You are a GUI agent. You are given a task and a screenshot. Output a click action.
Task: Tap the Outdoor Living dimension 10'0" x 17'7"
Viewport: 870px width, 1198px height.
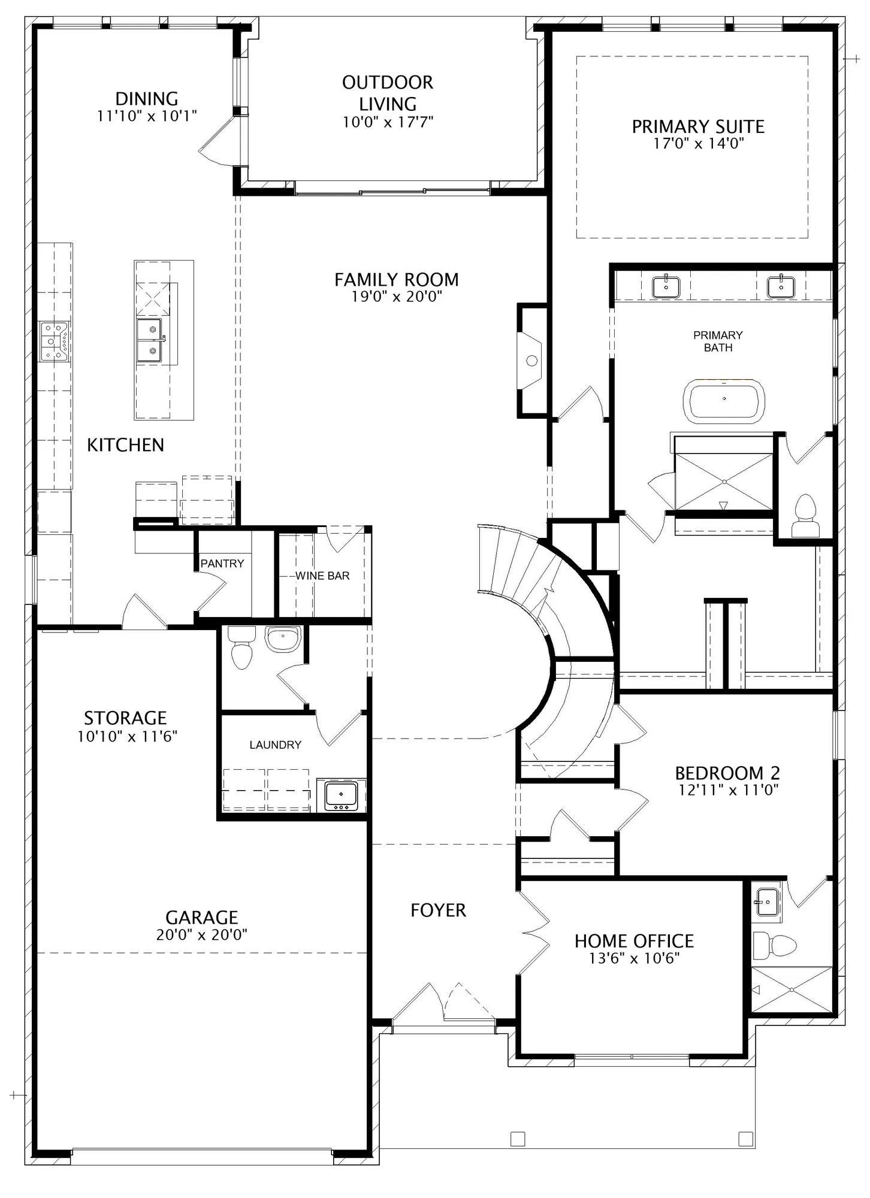click(388, 122)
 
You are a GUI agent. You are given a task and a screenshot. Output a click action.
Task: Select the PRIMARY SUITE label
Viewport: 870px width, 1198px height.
click(698, 126)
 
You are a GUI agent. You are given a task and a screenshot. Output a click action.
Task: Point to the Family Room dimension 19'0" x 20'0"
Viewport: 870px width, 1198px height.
click(396, 296)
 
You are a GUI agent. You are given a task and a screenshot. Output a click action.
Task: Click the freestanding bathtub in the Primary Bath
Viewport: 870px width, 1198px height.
click(724, 399)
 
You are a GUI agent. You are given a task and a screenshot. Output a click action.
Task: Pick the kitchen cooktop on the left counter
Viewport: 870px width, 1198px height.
click(54, 341)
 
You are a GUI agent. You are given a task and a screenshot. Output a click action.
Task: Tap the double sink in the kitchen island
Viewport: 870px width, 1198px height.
click(149, 341)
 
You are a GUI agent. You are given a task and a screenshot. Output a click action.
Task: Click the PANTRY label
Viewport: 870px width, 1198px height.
click(222, 564)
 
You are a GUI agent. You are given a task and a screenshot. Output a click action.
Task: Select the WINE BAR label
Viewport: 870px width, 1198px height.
click(322, 576)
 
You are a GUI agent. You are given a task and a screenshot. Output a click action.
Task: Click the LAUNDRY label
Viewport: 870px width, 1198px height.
click(275, 745)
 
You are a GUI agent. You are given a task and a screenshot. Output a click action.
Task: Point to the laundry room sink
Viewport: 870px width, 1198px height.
click(341, 795)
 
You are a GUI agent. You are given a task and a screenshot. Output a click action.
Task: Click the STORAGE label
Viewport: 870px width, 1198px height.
click(125, 718)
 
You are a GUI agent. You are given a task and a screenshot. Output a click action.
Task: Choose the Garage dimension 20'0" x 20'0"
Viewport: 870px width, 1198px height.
click(202, 934)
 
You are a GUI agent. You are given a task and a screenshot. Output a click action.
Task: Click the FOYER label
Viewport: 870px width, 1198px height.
click(438, 910)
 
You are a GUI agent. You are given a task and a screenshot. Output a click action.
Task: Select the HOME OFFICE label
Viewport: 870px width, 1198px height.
click(634, 941)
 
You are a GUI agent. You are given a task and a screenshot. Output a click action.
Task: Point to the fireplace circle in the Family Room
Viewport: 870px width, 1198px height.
click(531, 361)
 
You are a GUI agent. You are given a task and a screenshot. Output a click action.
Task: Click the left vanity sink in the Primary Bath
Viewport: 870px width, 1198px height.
click(666, 286)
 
